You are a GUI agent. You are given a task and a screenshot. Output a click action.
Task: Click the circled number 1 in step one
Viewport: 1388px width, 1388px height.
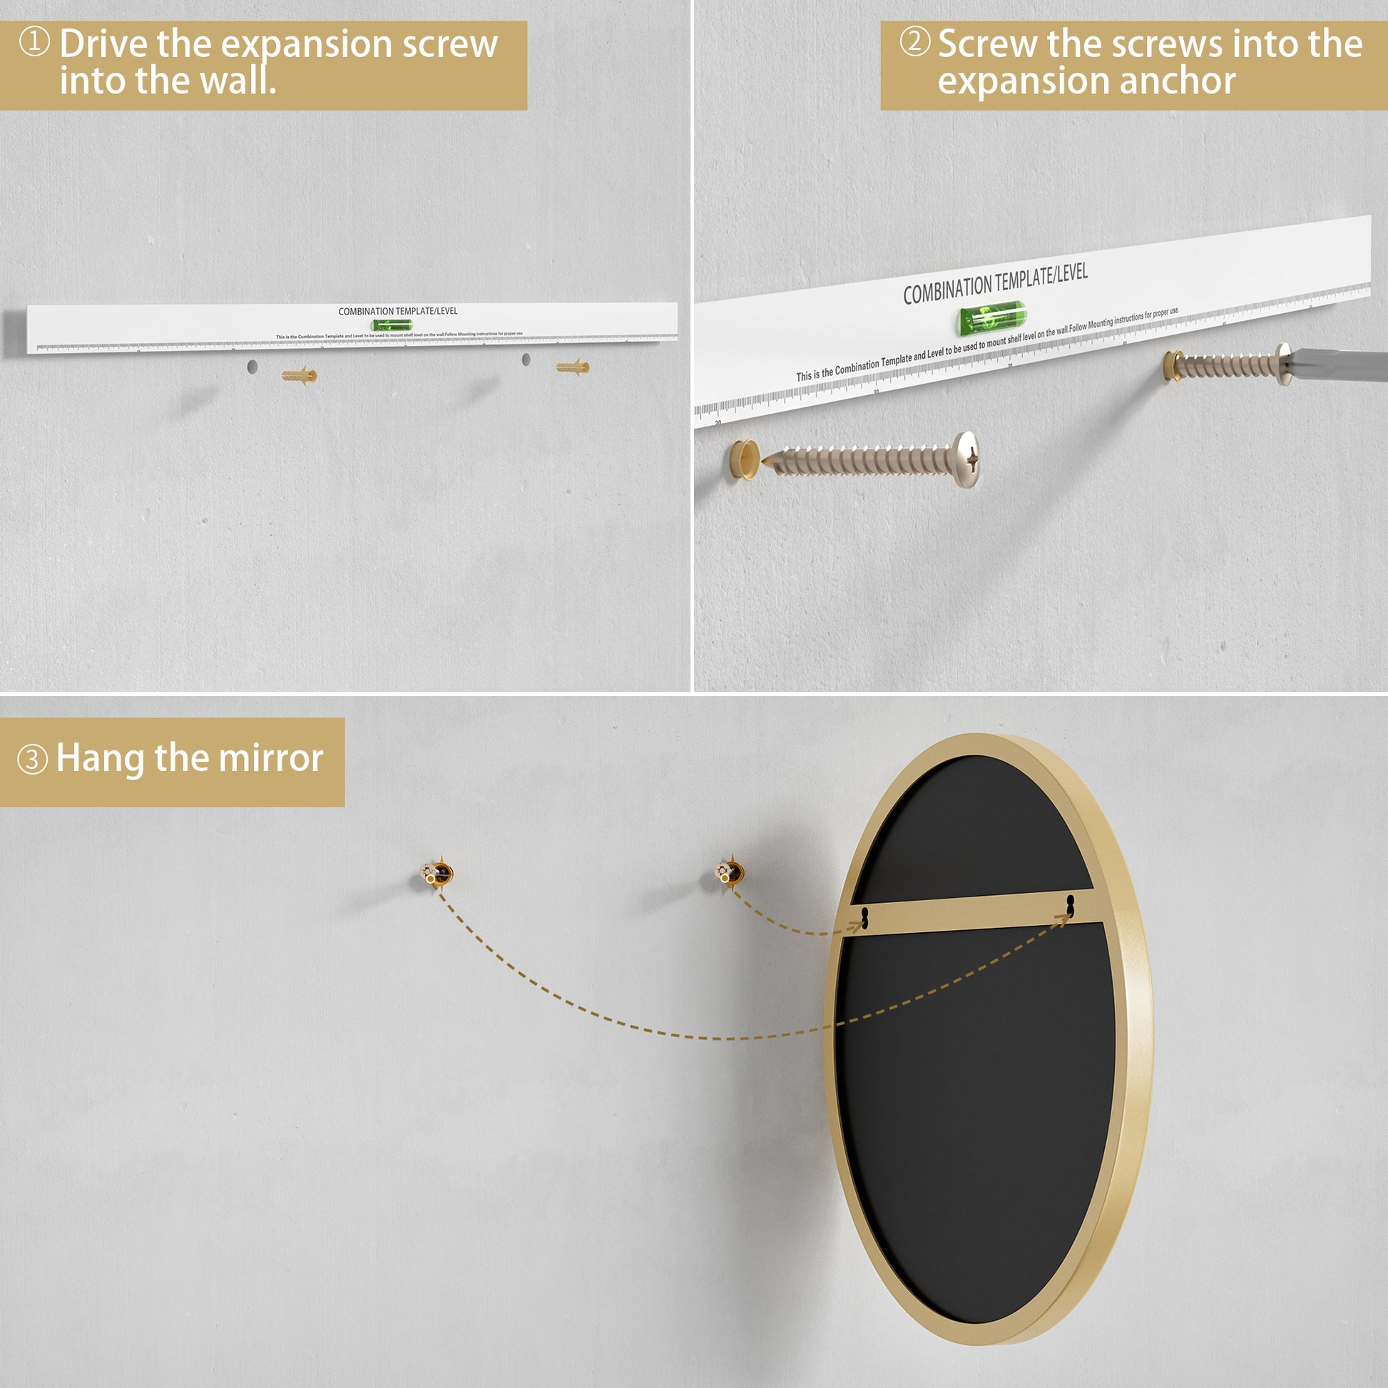(34, 41)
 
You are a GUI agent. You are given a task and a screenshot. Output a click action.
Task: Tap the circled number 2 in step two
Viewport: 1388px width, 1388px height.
(914, 41)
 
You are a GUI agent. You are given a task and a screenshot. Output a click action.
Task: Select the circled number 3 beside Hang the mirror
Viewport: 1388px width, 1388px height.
(32, 760)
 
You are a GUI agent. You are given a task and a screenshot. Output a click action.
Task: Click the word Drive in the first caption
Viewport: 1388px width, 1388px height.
(104, 44)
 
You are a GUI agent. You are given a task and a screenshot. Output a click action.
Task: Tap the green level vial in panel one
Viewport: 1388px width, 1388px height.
(392, 325)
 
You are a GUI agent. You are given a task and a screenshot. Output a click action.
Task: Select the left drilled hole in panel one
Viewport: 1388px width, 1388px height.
(252, 367)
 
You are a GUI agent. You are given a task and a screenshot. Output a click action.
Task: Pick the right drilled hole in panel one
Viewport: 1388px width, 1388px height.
(526, 359)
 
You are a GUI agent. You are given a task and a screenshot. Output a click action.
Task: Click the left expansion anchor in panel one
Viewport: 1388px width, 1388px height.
(299, 375)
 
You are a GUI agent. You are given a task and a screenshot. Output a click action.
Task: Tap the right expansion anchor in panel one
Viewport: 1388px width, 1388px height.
(573, 367)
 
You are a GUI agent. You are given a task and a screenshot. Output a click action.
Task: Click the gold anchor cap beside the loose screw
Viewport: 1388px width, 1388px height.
(743, 459)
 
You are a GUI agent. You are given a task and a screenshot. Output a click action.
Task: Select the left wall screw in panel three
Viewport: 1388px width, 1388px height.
(437, 874)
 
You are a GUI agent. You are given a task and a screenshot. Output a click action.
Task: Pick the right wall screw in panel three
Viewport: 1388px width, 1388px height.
(731, 872)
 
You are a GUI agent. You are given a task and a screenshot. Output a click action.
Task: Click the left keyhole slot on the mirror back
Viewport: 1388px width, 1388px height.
(865, 917)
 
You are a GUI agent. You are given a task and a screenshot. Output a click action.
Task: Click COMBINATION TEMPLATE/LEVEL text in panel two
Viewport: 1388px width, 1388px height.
(995, 285)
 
